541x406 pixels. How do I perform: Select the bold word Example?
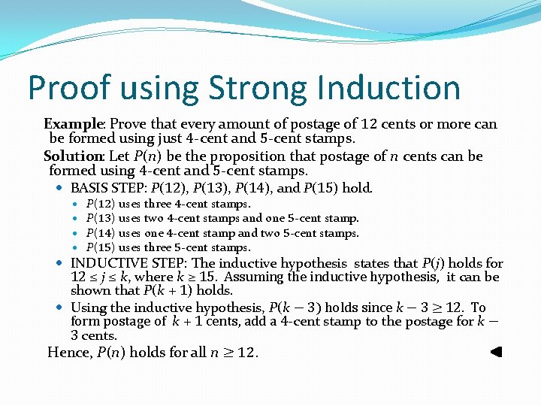(73, 124)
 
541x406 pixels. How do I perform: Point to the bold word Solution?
(74, 156)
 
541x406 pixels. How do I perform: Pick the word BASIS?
(89, 188)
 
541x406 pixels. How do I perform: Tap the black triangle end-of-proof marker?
(495, 351)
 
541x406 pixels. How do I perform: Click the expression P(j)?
(431, 263)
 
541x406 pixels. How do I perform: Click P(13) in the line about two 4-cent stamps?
(100, 218)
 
